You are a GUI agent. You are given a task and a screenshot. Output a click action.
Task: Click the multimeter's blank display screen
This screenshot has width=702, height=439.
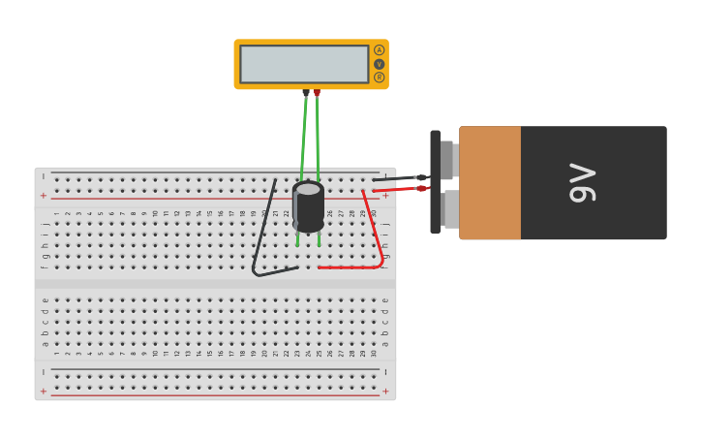coord(304,64)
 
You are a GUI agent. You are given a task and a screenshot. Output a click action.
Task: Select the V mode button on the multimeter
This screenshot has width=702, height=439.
coord(379,64)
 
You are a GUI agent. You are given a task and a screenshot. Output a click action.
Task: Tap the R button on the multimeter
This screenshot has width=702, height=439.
coord(379,78)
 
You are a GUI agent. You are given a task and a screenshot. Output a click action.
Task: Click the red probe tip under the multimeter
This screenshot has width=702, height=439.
coord(317,93)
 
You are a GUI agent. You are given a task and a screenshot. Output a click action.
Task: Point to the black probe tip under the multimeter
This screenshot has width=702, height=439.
coord(306,93)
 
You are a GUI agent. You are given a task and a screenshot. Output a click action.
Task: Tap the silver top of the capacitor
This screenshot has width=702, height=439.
coord(309,188)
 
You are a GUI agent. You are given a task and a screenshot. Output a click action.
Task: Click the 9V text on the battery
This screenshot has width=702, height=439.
coord(582,182)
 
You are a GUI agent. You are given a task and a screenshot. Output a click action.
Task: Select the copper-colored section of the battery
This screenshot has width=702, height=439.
coord(490,182)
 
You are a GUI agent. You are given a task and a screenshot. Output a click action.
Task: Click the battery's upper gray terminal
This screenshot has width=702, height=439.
coord(446,159)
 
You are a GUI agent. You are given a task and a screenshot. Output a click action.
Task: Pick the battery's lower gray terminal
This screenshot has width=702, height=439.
coord(450,208)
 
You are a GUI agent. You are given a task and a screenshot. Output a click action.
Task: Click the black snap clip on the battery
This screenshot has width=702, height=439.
coord(435,182)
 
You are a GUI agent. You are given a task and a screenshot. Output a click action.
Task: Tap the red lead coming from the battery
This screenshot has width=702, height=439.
coord(397,189)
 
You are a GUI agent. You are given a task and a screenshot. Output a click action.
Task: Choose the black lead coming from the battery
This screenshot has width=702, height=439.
coord(397,178)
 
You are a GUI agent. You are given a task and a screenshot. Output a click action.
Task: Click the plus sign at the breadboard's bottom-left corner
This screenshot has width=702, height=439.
coord(43,392)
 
